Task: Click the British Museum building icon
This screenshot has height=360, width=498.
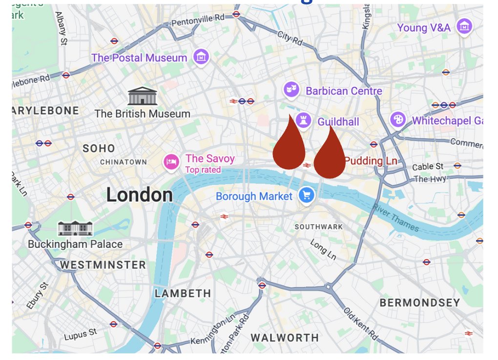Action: [x=142, y=96]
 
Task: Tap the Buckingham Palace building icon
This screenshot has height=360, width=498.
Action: [x=75, y=228]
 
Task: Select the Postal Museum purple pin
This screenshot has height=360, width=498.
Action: [x=201, y=57]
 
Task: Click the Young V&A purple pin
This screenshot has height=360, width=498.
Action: [x=464, y=27]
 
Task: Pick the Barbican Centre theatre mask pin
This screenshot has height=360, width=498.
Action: [x=291, y=90]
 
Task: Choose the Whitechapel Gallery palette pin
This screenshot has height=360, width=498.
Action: [x=398, y=120]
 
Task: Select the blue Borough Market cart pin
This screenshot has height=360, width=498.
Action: [x=307, y=196]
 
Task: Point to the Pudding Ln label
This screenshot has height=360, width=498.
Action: [x=371, y=161]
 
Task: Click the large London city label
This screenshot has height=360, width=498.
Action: [x=140, y=195]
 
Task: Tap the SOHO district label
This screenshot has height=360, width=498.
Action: [x=99, y=148]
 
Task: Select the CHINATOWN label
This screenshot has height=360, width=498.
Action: [x=124, y=162]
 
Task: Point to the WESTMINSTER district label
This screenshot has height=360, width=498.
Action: [x=103, y=265]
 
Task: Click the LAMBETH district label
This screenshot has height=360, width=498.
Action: [x=183, y=294]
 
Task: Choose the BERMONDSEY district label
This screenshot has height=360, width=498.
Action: [x=420, y=302]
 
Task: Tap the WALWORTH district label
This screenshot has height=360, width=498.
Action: [x=285, y=338]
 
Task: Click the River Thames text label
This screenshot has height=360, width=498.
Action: [x=396, y=217]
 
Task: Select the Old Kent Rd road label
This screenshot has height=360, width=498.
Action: [x=360, y=323]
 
